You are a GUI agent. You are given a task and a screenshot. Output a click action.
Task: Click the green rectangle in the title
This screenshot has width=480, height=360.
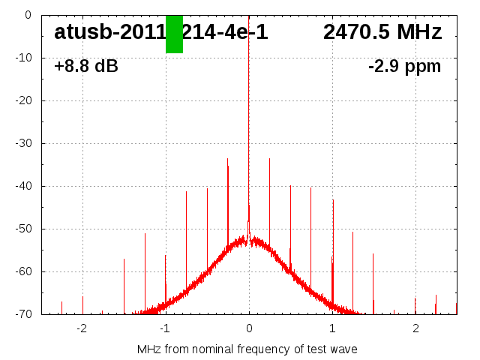coord(174,34)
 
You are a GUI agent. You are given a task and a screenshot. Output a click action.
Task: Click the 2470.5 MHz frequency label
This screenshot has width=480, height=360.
coord(382,32)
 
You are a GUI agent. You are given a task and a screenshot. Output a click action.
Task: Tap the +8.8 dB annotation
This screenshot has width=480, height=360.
coord(85,66)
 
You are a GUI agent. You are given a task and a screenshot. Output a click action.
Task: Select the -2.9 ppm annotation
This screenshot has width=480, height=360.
coord(404,66)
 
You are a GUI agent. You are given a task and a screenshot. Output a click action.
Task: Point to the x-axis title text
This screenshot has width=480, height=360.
coord(247,349)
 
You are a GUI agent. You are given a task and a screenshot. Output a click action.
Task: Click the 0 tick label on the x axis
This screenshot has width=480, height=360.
coord(249,328)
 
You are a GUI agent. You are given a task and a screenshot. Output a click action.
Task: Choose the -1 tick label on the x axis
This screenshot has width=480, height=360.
coord(164,328)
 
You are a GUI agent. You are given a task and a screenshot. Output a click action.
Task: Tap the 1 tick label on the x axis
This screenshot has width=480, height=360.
coord(332,328)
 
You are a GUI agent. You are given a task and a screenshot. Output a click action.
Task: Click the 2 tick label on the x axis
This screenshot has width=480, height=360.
coord(415,328)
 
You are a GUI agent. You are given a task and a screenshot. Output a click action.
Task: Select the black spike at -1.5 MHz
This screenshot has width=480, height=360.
coord(124,285)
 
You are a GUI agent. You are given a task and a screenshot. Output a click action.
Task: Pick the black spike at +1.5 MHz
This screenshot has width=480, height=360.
coord(373,281)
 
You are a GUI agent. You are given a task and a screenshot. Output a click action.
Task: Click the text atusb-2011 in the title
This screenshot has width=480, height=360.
coord(109,32)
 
